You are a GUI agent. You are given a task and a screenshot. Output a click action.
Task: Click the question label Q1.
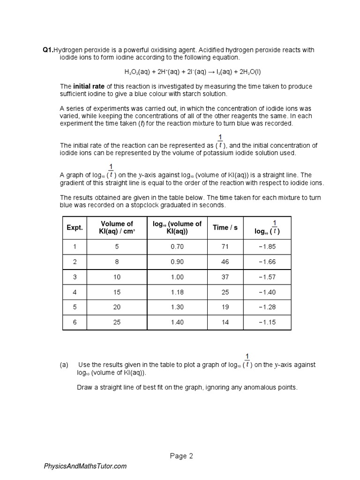point(48,50)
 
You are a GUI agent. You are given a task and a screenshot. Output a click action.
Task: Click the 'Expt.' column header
point(74,227)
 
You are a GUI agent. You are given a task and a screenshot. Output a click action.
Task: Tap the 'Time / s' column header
point(225,227)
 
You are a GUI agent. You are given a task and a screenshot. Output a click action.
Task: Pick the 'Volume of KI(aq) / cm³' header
point(117,227)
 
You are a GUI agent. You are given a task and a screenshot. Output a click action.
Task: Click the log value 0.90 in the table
point(177,262)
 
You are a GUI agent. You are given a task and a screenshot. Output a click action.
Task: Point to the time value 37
point(225,277)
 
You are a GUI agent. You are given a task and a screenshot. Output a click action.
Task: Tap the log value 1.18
point(177,292)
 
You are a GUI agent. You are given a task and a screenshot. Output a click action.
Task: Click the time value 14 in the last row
point(225,322)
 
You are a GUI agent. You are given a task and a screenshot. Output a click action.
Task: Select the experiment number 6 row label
point(74,322)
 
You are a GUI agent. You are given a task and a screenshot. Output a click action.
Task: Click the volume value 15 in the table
point(117,292)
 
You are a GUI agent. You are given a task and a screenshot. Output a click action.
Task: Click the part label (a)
point(64,365)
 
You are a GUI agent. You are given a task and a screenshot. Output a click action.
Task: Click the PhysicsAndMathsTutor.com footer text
point(85,466)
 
